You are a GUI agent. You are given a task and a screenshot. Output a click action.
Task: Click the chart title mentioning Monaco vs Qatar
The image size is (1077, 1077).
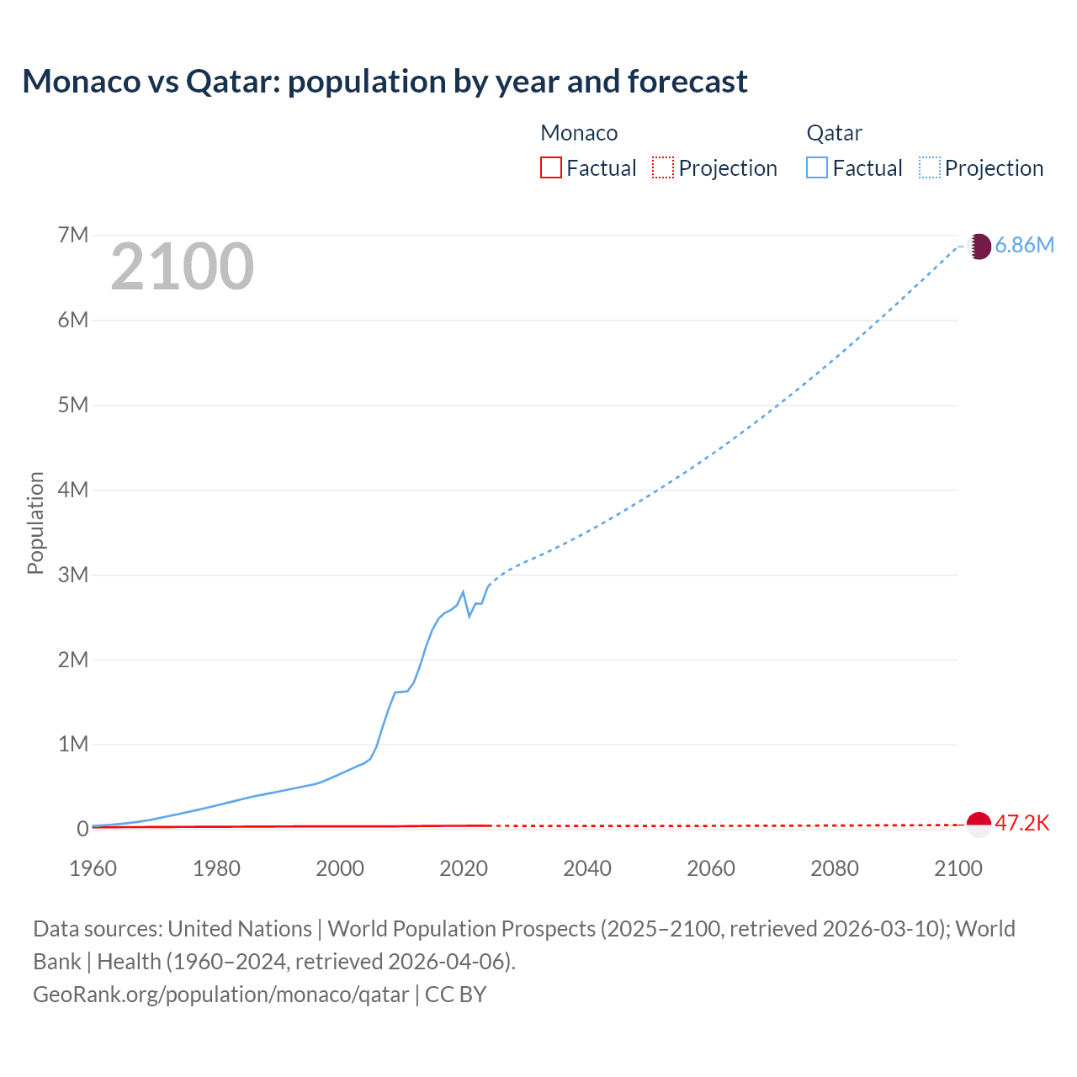pos(385,82)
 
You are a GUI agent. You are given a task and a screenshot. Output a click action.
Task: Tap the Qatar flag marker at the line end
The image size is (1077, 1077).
pos(979,246)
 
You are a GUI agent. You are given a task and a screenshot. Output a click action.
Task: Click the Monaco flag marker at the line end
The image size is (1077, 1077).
pos(979,825)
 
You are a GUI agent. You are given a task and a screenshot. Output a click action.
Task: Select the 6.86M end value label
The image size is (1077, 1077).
pos(1024,246)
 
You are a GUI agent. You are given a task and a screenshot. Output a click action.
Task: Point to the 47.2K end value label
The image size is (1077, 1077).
pos(1022,823)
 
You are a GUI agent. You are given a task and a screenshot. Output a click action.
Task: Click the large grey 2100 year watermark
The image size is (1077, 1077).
pos(182,267)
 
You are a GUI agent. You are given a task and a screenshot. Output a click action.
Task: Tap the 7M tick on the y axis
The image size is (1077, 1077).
pos(73,235)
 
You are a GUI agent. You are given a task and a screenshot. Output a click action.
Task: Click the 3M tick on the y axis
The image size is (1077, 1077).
pos(73,575)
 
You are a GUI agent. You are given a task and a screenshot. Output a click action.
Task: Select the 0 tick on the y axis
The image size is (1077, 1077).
pos(82,829)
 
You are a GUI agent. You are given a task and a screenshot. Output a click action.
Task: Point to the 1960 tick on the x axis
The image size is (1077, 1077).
pos(93,868)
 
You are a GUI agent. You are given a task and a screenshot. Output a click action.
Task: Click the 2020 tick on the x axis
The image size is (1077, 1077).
pos(464,868)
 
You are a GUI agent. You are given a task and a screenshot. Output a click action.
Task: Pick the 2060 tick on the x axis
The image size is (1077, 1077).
pos(711,868)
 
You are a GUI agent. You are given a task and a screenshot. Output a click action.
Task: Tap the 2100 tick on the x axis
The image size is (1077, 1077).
pos(958,868)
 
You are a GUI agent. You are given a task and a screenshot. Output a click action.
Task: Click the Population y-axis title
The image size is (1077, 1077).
pos(35,523)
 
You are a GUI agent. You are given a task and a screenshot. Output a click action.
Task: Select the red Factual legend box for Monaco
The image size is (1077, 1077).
pos(550,167)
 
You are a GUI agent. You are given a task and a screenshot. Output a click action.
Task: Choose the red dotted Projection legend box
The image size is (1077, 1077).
pos(663,167)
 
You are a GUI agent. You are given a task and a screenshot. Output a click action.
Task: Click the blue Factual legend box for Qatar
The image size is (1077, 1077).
pos(817,167)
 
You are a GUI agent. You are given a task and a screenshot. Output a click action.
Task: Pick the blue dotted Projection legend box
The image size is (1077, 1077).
pos(930,167)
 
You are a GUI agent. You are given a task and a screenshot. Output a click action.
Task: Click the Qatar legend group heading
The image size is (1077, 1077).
pos(834,133)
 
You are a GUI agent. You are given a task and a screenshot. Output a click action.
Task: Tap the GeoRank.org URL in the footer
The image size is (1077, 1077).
pos(220,995)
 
